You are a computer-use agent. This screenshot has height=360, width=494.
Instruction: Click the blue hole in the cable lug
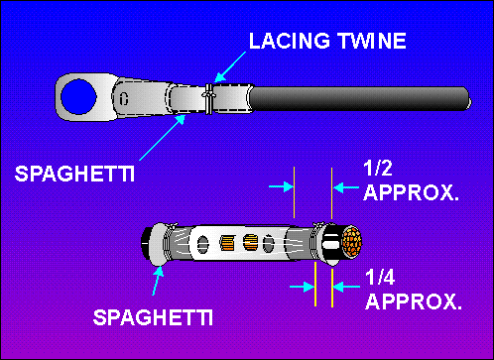(x=75, y=99)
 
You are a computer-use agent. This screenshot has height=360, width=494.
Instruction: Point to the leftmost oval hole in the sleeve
(x=199, y=243)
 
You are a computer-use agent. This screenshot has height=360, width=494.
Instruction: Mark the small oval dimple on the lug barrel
(x=124, y=96)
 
